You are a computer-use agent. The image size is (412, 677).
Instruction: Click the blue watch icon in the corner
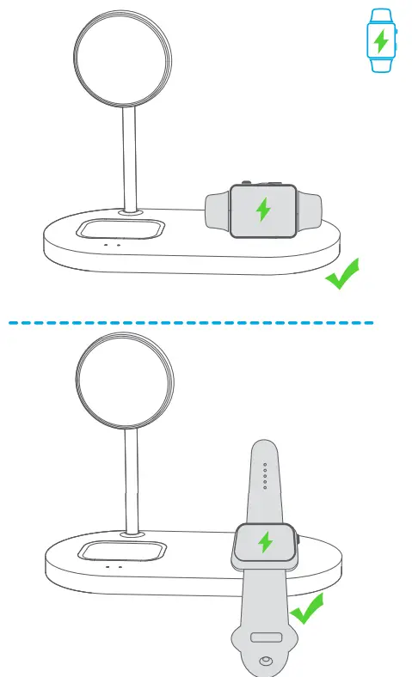point(380,40)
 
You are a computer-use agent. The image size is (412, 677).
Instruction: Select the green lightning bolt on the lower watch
point(265,543)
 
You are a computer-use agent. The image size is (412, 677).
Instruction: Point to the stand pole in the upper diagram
point(130,158)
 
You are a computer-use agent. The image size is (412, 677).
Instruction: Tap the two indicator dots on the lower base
point(114,568)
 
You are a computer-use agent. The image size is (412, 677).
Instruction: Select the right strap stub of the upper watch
point(310,209)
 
